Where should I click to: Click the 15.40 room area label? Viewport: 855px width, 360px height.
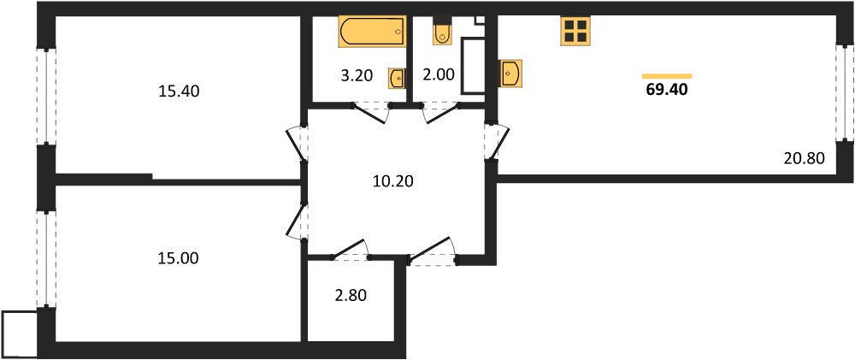tap(180, 91)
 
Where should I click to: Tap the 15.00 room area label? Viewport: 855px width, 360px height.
tap(179, 258)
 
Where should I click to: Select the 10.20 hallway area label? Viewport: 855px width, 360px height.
tap(393, 180)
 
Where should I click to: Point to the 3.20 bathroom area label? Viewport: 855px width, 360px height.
tap(357, 76)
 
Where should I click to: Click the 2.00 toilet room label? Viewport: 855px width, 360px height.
tap(439, 74)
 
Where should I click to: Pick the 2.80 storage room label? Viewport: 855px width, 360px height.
tap(351, 296)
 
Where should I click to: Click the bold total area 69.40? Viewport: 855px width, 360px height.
tap(667, 90)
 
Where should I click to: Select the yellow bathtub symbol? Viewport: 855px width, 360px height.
tap(373, 31)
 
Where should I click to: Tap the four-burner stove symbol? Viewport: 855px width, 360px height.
tap(575, 31)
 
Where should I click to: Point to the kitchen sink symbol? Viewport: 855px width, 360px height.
tap(511, 73)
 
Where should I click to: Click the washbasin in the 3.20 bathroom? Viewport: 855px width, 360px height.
tap(397, 78)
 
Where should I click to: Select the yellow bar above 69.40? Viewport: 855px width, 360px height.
tap(667, 76)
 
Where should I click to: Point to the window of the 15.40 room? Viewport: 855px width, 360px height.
tap(46, 97)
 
